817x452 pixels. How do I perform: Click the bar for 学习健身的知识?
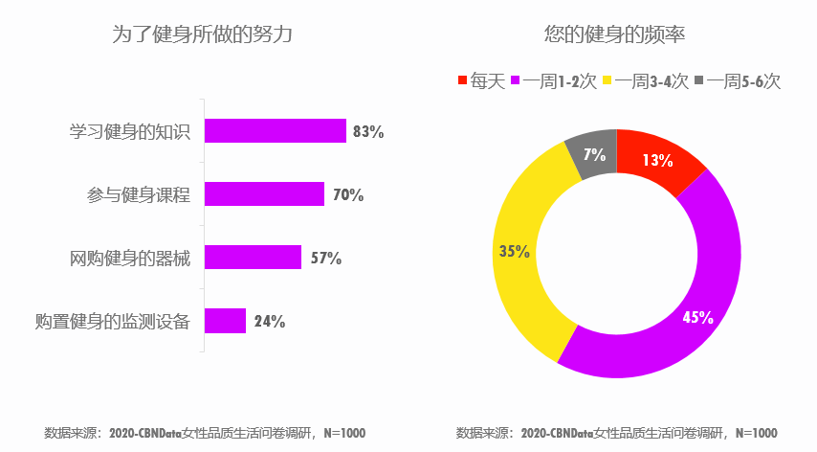coord(275,131)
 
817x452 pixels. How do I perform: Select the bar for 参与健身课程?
coord(264,194)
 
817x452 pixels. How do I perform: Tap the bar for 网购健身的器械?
coord(253,258)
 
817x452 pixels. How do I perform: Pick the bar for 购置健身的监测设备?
coord(225,321)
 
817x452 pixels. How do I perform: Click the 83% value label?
coord(368,132)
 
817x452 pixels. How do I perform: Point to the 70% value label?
coord(348,195)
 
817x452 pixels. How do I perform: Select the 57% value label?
coord(326,259)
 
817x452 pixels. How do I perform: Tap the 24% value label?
coord(270,322)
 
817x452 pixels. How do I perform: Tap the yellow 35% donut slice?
coord(521,251)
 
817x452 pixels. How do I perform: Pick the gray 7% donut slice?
coord(593,153)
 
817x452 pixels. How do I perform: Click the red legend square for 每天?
coord(463,81)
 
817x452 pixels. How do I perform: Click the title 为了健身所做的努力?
coord(202,35)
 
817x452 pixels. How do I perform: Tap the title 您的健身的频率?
coord(615,35)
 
